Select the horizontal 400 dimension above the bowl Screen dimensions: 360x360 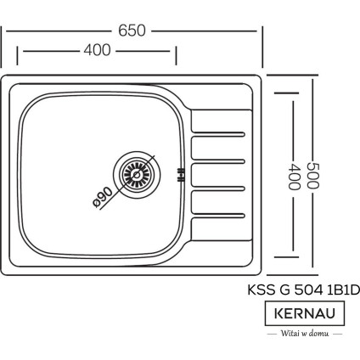click(98, 51)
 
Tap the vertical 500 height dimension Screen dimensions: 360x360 click(314, 175)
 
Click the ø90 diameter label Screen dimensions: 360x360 click(104, 198)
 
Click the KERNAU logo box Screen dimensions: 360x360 click(306, 313)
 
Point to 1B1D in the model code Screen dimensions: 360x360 click(341, 290)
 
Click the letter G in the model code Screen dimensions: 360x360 click(281, 290)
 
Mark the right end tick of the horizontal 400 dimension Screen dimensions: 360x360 click(176, 55)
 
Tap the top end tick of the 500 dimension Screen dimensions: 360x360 click(314, 75)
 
